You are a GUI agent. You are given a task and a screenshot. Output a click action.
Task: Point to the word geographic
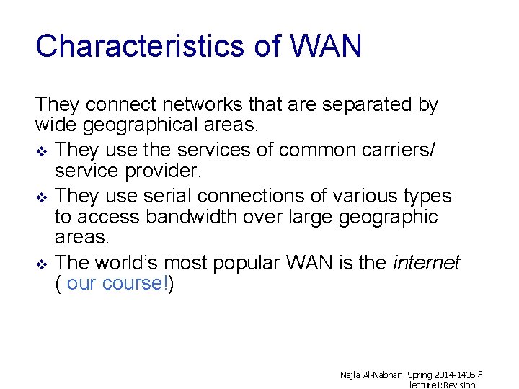coord(389,217)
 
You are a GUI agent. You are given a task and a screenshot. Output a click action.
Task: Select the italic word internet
coord(426,263)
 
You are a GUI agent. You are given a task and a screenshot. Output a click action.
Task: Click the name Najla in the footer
coord(351,375)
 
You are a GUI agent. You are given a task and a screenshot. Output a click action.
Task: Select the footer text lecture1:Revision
coord(443,385)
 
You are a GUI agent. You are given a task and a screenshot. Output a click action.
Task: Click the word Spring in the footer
coord(420,375)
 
